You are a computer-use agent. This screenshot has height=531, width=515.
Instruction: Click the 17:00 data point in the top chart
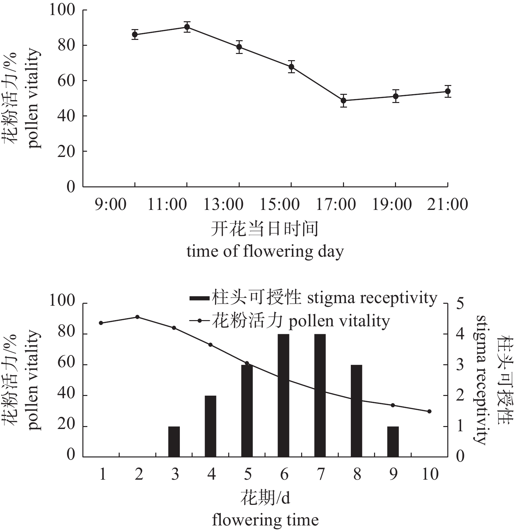[x=343, y=100]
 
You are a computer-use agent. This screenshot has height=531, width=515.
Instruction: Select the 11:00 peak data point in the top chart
[x=187, y=27]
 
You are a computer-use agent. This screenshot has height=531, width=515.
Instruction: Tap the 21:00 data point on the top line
[x=448, y=91]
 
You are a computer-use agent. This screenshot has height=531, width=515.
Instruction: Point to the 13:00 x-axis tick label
[x=223, y=204]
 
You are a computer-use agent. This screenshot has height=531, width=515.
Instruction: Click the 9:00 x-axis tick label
[x=111, y=204]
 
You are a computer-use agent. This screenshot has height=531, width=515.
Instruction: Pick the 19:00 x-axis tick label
[x=392, y=204]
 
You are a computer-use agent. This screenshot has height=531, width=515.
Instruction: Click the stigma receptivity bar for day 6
[x=283, y=395]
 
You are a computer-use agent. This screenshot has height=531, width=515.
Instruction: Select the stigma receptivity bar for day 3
[x=174, y=441]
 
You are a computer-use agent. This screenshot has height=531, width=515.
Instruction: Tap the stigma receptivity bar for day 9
[x=393, y=441]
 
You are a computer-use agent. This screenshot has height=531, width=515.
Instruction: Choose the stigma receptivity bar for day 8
[x=356, y=411]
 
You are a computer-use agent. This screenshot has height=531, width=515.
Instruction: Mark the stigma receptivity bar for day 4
[x=211, y=426]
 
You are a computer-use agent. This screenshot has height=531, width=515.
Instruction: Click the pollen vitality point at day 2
[x=137, y=317]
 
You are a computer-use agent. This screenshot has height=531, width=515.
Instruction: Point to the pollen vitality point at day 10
[x=429, y=411]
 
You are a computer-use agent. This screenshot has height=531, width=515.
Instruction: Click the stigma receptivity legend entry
[x=313, y=298]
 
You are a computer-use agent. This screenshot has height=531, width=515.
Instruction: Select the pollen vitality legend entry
[x=290, y=321]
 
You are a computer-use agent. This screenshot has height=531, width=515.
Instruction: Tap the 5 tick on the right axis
[x=460, y=303]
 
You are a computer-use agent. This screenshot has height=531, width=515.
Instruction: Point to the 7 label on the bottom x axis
[x=320, y=474]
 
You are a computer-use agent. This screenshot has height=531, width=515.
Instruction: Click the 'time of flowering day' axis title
[x=265, y=252]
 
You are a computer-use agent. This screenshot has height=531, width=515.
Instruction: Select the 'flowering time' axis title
[x=265, y=520]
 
